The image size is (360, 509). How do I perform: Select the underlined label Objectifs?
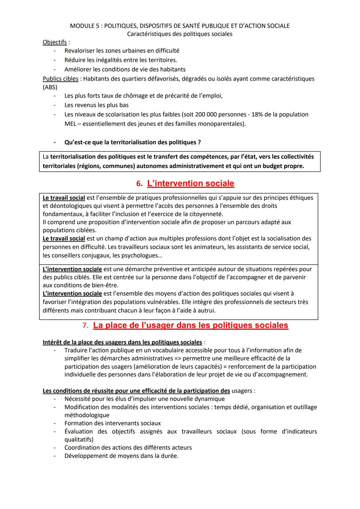(55, 42)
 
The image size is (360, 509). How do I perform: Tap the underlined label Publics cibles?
(60, 79)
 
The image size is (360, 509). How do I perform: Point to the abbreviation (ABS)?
(50, 87)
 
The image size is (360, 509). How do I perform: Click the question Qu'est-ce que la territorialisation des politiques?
(132, 142)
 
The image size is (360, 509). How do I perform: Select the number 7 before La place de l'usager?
(85, 326)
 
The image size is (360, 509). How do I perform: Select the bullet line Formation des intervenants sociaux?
(112, 423)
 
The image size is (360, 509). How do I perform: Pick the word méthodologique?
(87, 415)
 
